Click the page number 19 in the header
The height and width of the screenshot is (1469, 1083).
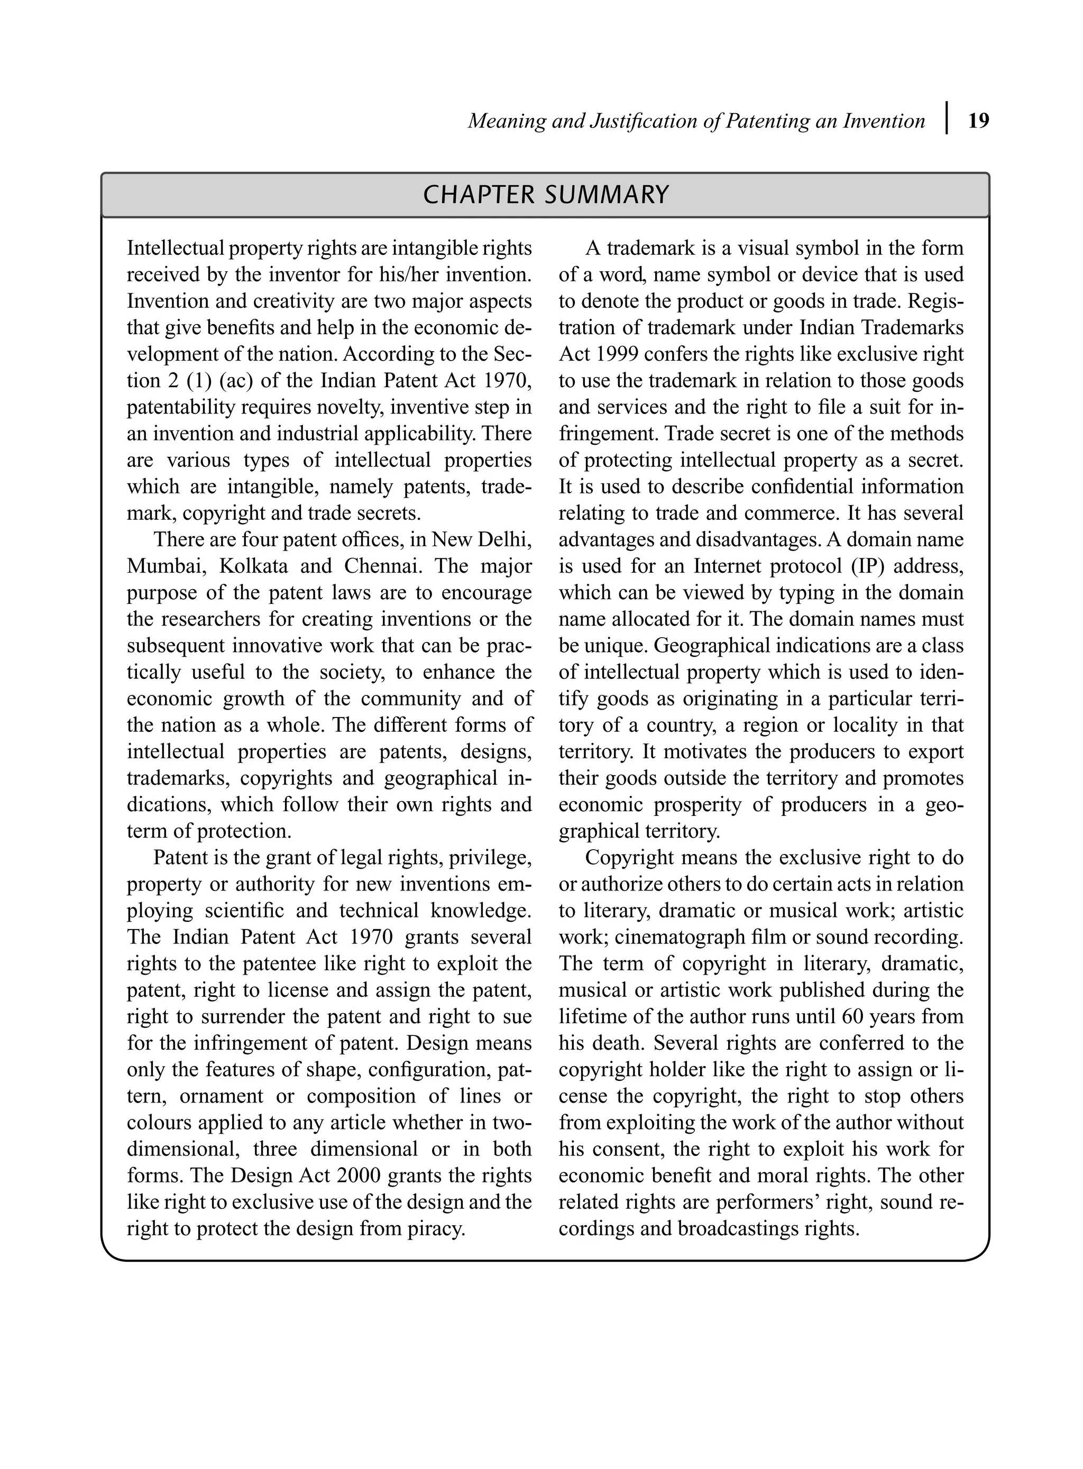click(x=978, y=121)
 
